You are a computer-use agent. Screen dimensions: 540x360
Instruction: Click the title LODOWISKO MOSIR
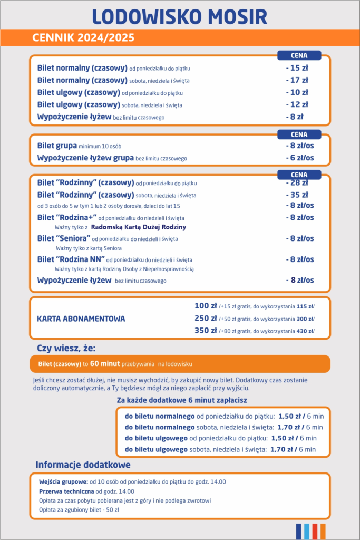pos(180,16)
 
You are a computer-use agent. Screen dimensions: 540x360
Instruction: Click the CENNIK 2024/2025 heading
pos(83,38)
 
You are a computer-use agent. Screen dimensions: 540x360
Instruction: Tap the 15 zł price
pos(297,68)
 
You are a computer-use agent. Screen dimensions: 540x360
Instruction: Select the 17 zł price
pos(297,80)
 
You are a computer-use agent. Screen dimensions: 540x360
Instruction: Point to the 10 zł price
pos(297,92)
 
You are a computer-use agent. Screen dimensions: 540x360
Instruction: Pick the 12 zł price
pos(297,104)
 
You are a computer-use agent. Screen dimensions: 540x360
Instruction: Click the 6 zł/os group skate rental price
pos(299,158)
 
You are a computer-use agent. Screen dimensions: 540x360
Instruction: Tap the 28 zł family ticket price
pos(297,183)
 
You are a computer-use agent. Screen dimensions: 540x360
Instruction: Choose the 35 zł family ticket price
pos(297,195)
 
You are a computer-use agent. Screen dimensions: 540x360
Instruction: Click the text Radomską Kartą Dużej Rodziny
pos(139,227)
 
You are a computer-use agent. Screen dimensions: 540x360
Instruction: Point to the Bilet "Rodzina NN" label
pos(70,259)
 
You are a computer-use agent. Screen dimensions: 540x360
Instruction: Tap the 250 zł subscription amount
pos(206,318)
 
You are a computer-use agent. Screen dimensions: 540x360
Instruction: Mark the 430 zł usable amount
pos(306,331)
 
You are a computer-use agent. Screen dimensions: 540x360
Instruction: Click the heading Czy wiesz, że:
pos(66,348)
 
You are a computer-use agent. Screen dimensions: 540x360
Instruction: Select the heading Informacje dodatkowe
pos(83,465)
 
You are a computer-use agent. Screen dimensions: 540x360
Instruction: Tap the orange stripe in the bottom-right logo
pos(323,531)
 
